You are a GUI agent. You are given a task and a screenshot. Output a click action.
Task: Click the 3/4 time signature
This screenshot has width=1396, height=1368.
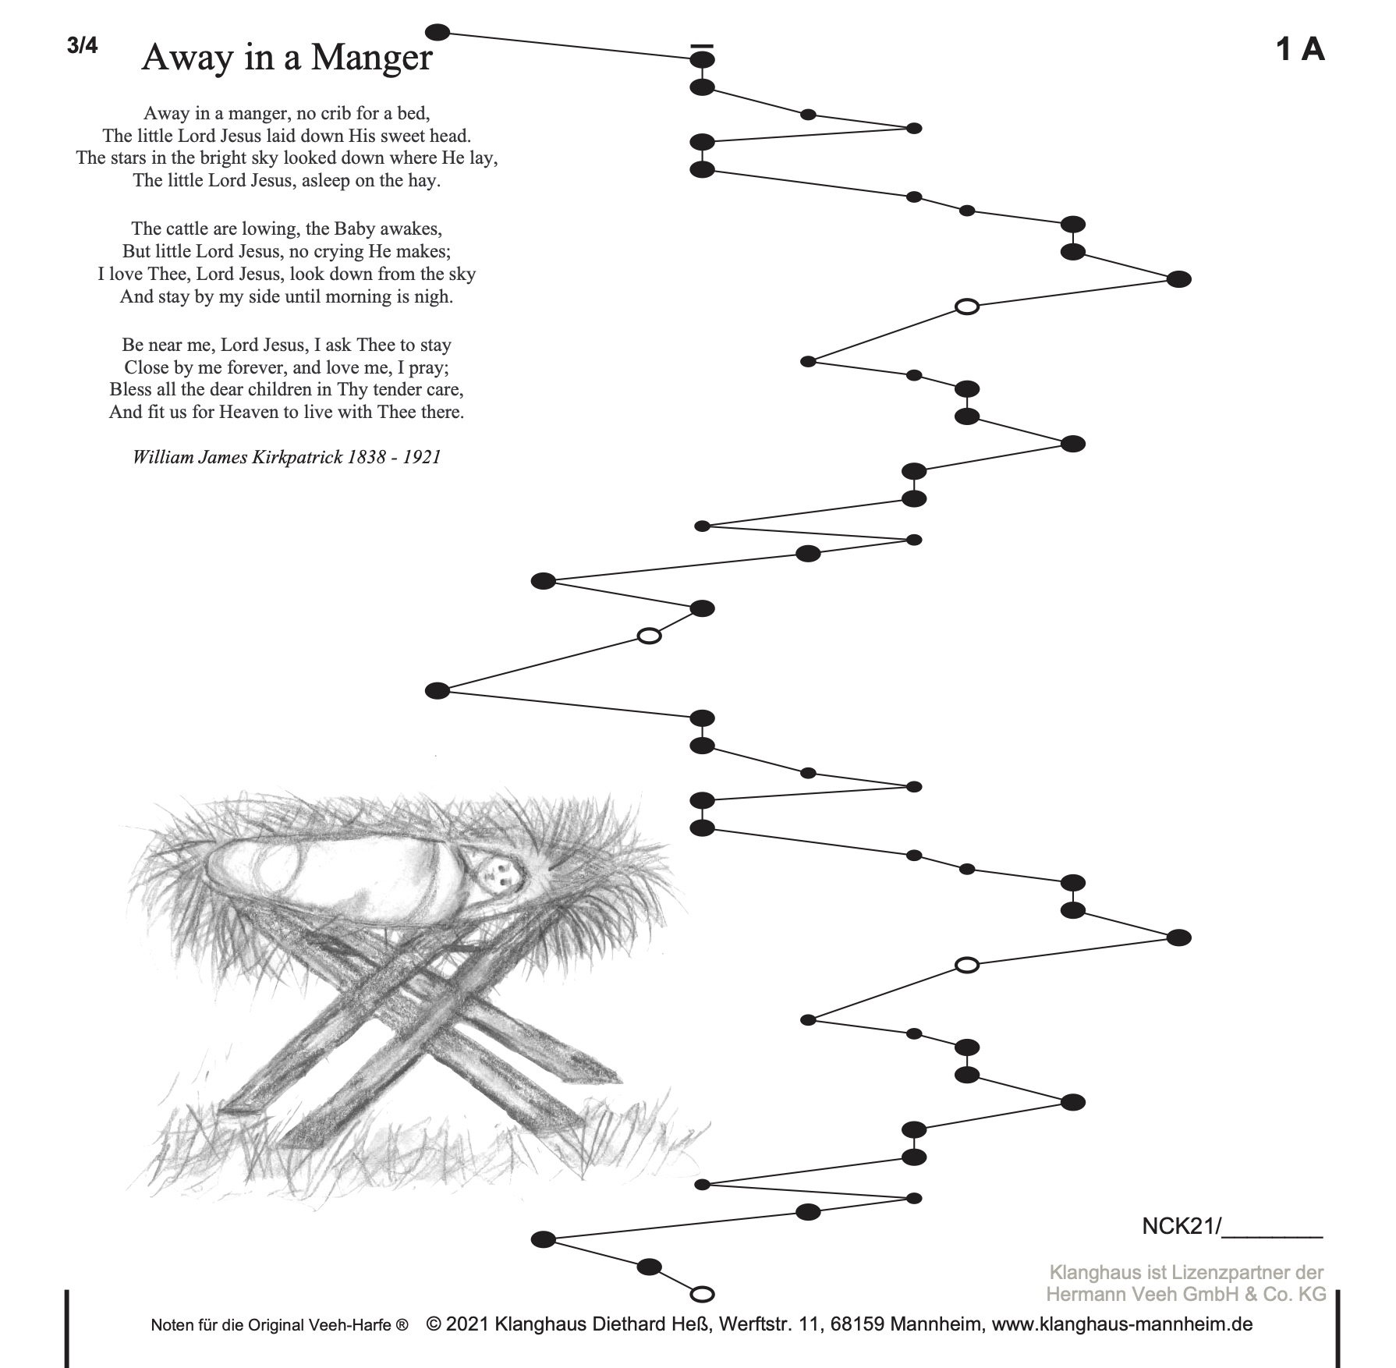point(83,45)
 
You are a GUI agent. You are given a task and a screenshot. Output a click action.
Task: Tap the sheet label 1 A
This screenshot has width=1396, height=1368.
point(1300,49)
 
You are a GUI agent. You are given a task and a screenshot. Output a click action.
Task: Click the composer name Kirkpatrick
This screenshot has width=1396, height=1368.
point(297,457)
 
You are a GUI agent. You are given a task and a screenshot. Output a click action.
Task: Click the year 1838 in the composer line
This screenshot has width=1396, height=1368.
point(367,457)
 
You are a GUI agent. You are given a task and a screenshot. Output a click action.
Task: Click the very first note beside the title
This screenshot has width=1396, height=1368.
point(438,32)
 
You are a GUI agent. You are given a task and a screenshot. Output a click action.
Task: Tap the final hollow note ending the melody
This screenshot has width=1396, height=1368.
point(703,1295)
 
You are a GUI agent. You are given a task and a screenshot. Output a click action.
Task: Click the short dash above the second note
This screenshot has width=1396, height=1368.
point(702,46)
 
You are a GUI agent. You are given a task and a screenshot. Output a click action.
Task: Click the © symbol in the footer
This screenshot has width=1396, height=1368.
point(434,1324)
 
